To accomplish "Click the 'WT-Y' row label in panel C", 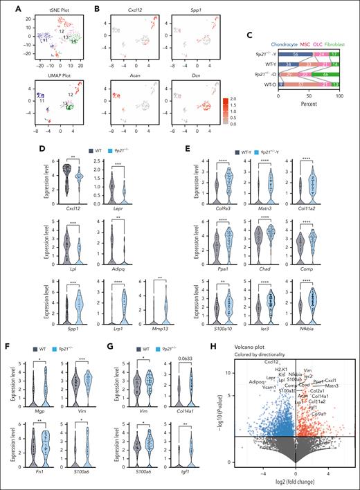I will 265,64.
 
